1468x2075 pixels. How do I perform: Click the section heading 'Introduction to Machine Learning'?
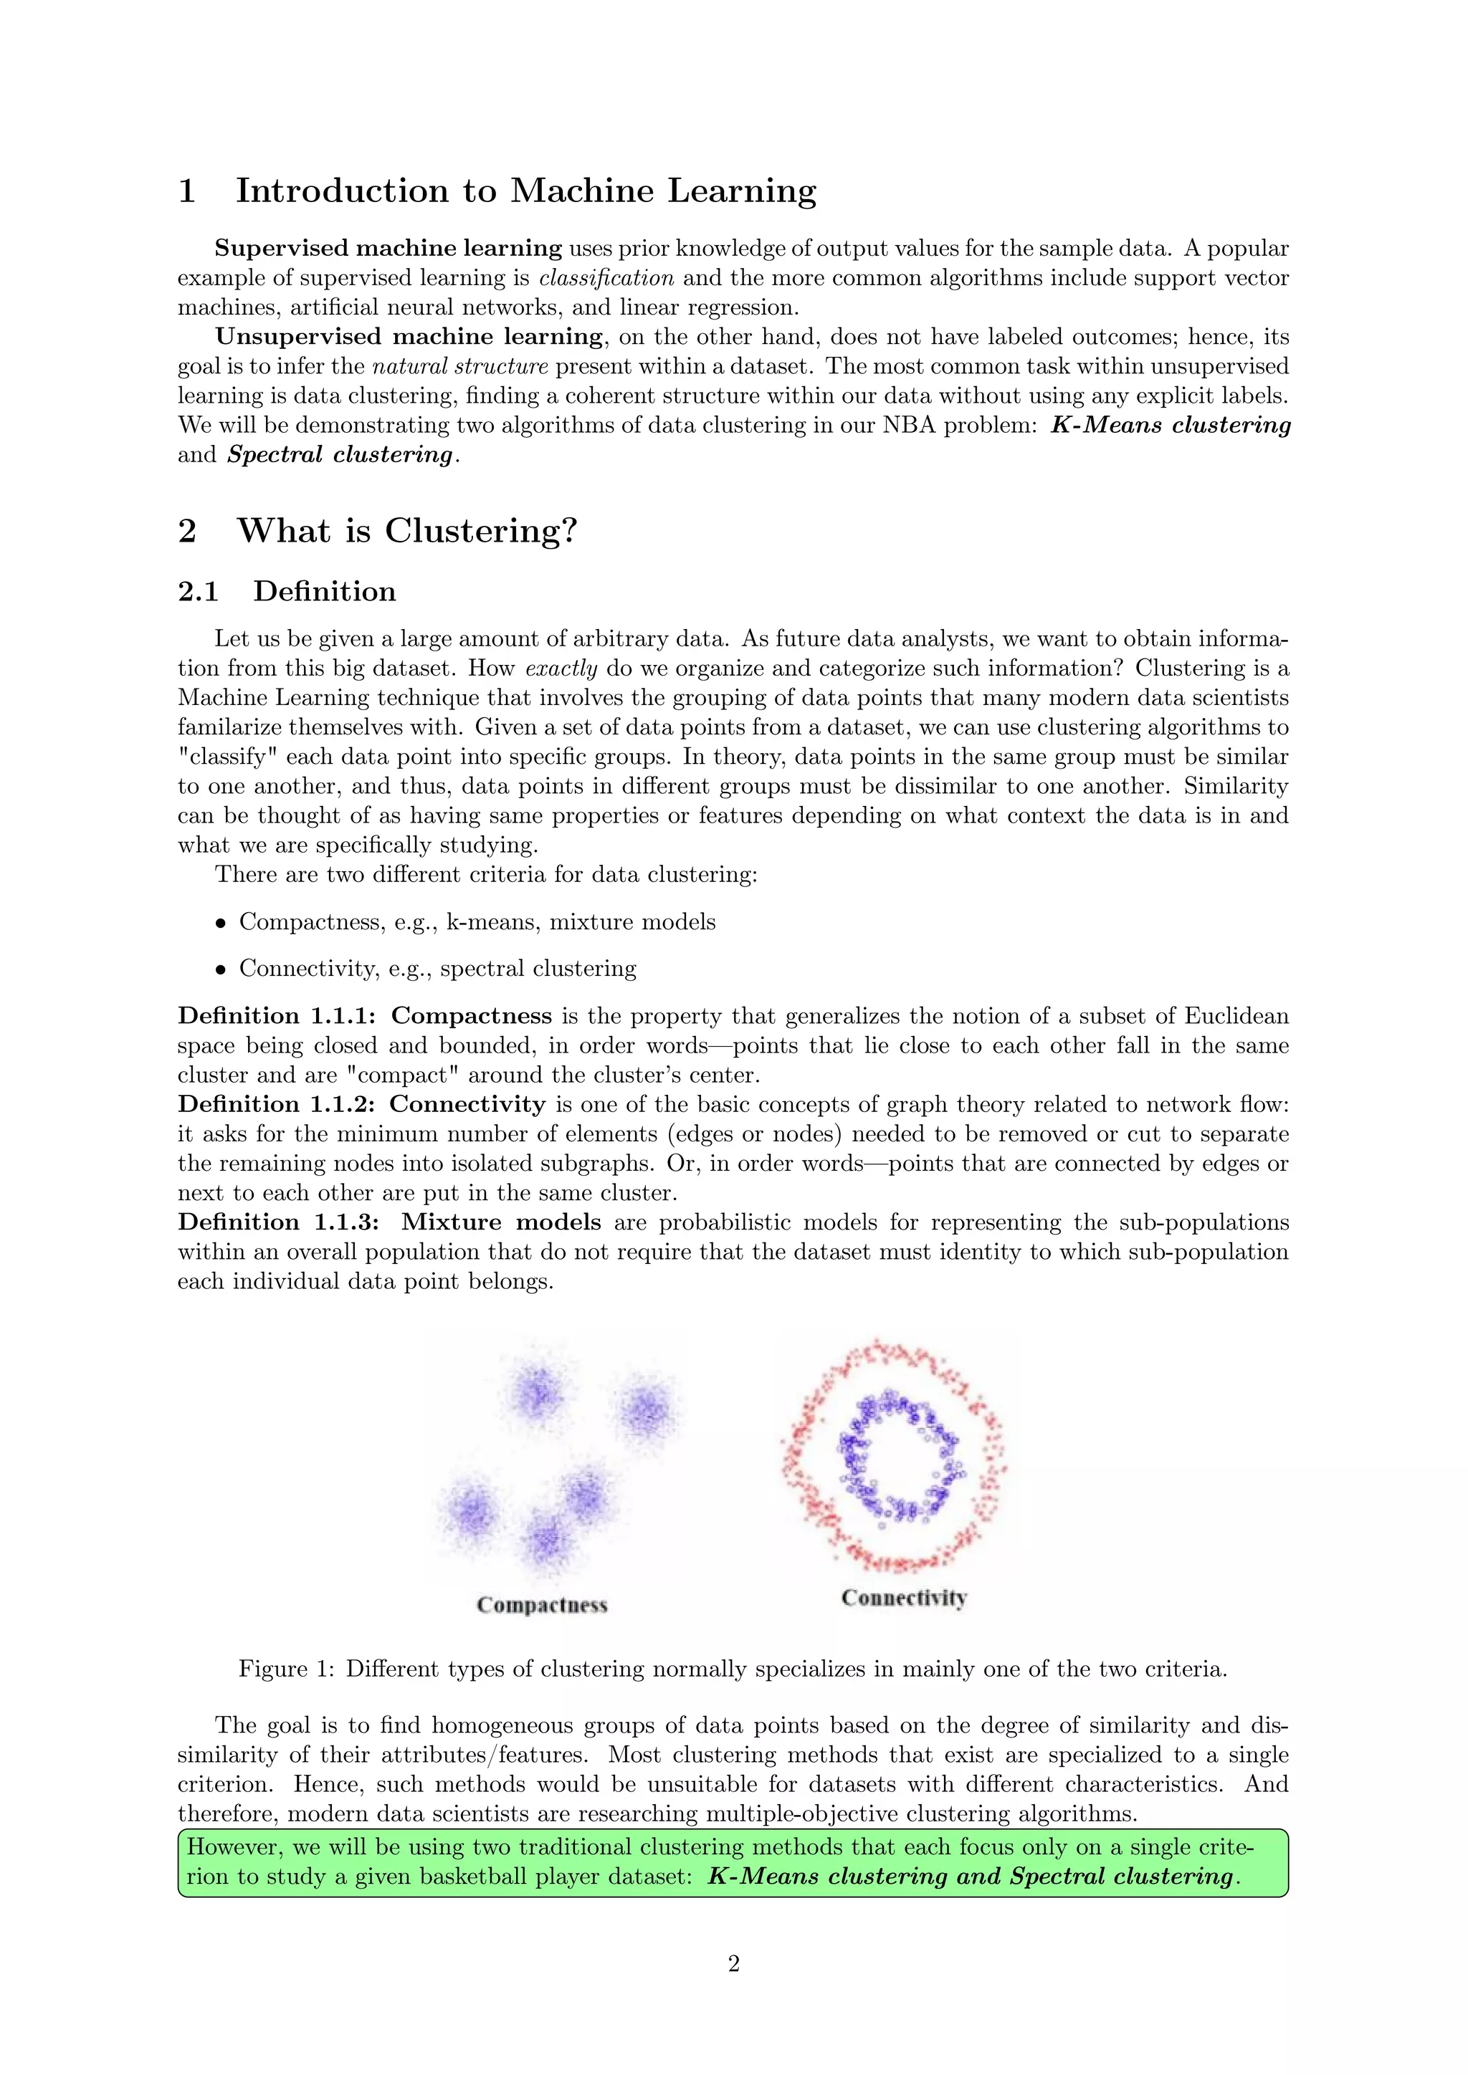[x=525, y=191]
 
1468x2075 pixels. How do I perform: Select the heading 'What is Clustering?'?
[x=406, y=530]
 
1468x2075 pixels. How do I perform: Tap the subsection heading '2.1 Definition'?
[x=287, y=591]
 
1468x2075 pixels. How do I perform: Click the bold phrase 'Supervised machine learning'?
[x=388, y=248]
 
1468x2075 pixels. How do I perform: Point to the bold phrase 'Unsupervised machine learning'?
[x=408, y=336]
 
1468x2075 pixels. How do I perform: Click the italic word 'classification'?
[x=606, y=277]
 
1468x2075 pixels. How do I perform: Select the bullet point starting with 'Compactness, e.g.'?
[x=477, y=922]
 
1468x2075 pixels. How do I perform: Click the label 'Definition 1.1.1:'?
[x=277, y=1016]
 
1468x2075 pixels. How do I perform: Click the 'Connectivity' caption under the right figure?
[x=904, y=1598]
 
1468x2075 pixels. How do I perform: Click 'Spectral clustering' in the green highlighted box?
[x=1121, y=1877]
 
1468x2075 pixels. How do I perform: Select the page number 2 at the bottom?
[x=733, y=1963]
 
